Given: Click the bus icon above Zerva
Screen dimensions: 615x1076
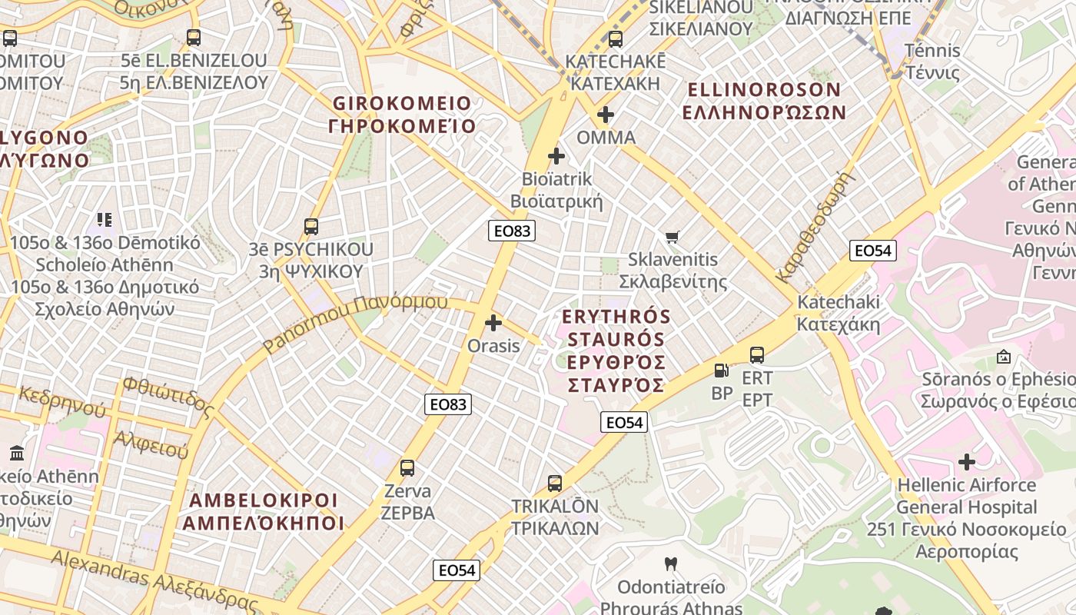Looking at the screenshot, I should coord(407,467).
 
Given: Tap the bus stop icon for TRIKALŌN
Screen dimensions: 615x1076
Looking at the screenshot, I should coord(555,484).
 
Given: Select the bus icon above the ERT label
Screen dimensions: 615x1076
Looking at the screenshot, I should coord(757,355).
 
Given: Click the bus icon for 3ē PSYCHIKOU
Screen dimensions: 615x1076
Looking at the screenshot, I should coord(311,226).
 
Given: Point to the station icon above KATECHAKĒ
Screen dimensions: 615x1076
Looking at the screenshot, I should coord(615,38).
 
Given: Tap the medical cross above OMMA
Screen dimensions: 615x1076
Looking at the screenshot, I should coord(606,115).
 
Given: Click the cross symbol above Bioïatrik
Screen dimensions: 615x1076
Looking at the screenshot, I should coord(556,157).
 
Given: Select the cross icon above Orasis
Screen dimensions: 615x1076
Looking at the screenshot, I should coord(493,323).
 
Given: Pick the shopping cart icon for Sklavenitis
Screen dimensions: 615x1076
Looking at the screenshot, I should coord(672,237).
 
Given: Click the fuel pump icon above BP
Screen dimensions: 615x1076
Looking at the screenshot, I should coord(721,371).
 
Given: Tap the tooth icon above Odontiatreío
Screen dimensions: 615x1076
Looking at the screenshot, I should coord(671,564).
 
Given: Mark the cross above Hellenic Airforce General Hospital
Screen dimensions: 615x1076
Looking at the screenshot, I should coord(967,462).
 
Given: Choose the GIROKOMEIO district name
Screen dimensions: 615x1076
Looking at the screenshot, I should coord(402,115).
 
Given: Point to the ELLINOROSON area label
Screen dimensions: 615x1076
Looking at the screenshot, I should coord(765,101).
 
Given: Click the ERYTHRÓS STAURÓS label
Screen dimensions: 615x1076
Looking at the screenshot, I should coord(616,351).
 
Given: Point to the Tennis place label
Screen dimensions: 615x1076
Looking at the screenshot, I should coord(932,61).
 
